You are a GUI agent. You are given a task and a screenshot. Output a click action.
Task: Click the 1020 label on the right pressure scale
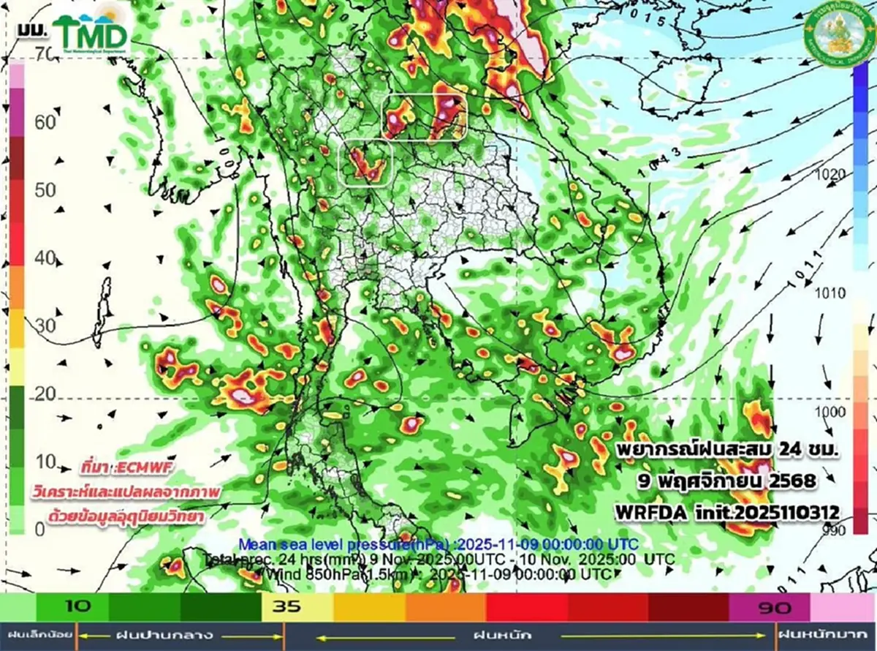tap(832, 174)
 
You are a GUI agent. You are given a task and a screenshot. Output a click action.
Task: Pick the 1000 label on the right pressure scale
tap(832, 412)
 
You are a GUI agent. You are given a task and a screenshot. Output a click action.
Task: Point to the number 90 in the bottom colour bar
tap(770, 606)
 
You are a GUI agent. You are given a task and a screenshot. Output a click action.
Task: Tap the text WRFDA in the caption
tap(648, 513)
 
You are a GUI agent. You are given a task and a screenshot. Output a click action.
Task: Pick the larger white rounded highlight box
tap(425, 116)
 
